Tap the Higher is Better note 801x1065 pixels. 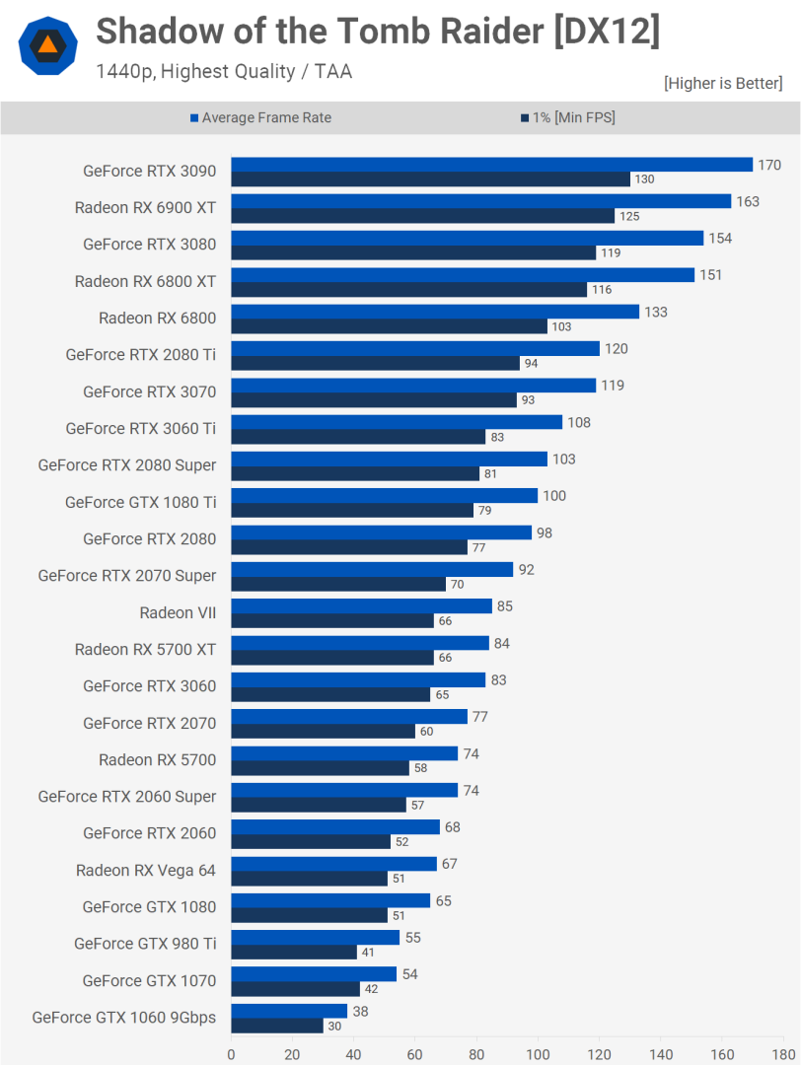pyautogui.click(x=723, y=84)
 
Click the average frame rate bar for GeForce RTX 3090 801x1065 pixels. pyautogui.click(x=491, y=165)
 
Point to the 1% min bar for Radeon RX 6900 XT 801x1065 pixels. pyautogui.click(x=422, y=216)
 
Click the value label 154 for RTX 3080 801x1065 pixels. pyautogui.click(x=720, y=239)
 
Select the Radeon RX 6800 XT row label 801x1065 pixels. pyautogui.click(x=145, y=282)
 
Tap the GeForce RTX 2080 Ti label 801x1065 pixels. pyautogui.click(x=140, y=355)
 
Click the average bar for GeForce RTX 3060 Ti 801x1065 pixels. pyautogui.click(x=397, y=422)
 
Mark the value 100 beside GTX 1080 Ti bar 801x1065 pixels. pyautogui.click(x=554, y=496)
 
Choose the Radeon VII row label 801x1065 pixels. pyautogui.click(x=178, y=613)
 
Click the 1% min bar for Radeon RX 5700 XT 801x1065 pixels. pyautogui.click(x=332, y=658)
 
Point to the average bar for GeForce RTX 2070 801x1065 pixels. pyautogui.click(x=349, y=717)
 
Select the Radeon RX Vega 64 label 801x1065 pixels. pyautogui.click(x=146, y=871)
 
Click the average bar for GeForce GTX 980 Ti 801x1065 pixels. pyautogui.click(x=316, y=938)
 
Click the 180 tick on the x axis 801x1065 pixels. pyautogui.click(x=783, y=1053)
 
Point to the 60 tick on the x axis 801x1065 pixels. pyautogui.click(x=415, y=1053)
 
